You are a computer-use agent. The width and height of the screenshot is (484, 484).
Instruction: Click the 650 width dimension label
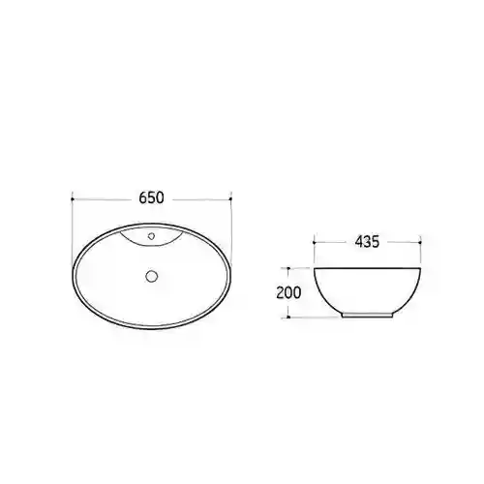click(151, 197)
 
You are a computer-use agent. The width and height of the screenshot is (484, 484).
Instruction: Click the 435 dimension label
click(367, 242)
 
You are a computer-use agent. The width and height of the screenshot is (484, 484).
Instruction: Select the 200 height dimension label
click(288, 292)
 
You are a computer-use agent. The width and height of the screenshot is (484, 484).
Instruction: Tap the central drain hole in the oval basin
click(151, 276)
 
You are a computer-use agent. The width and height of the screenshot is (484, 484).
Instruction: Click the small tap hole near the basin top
click(151, 236)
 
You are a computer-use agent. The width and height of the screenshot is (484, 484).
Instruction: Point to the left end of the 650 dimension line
click(72, 199)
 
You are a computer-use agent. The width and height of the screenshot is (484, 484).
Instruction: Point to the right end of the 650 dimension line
click(230, 199)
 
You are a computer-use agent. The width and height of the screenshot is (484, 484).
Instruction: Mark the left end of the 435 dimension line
click(314, 242)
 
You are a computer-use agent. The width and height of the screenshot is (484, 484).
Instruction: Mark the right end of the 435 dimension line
click(420, 242)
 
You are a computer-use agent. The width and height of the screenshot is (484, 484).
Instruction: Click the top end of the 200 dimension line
click(288, 268)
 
